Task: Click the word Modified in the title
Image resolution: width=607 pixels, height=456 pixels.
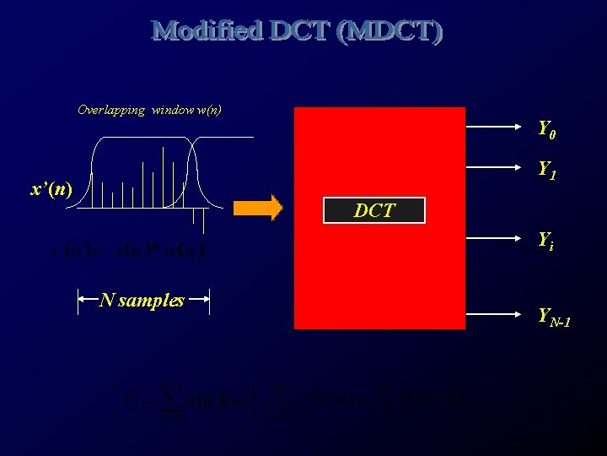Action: coord(208,31)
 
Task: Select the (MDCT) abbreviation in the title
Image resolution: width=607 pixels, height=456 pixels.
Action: coord(389,31)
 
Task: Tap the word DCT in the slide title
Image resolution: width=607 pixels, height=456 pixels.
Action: coord(301,31)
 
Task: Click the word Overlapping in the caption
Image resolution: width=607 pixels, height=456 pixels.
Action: coord(111,110)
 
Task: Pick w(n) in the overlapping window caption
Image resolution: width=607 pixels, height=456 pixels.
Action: coord(208,110)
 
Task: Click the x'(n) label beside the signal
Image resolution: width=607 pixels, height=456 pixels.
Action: coord(51,188)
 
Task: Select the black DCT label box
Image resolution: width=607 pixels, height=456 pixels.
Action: coord(374,210)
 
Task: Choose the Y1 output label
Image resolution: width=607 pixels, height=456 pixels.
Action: coord(547,171)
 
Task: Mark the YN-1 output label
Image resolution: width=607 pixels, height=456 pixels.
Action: coord(554,318)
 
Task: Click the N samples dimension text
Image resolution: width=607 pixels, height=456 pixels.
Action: coord(142,300)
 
